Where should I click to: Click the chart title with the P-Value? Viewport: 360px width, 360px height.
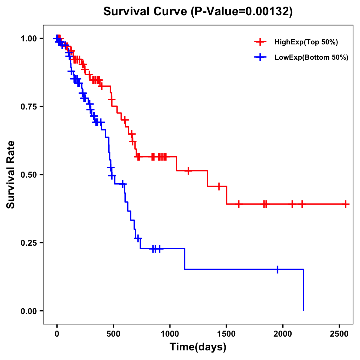198,12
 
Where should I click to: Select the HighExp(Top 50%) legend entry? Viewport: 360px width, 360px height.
306,42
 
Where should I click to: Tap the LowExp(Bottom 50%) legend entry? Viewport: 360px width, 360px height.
311,58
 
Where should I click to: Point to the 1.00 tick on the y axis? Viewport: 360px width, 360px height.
29,39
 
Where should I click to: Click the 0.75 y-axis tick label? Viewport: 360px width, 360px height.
29,107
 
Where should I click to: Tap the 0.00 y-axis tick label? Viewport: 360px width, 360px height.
29,311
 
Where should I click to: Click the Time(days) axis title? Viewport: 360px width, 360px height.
198,347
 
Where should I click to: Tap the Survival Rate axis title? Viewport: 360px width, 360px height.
11,175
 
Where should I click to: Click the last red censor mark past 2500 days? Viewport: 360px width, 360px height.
346,204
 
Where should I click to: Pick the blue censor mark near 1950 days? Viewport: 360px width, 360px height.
277,269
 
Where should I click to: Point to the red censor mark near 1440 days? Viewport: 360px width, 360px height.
219,186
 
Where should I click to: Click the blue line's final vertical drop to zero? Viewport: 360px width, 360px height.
303,290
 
